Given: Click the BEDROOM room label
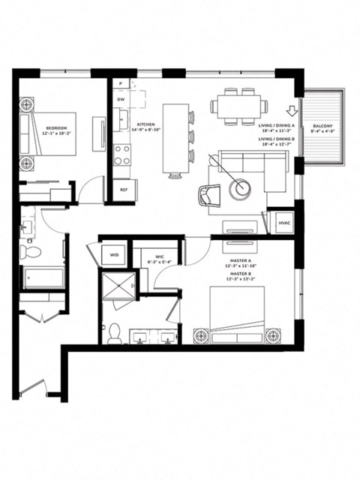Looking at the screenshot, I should point(57,128).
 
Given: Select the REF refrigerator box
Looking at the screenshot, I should point(124,190).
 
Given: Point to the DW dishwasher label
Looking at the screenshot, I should point(120,99).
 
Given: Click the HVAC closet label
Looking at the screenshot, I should point(284,223).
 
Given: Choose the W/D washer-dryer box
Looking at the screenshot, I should point(115,255).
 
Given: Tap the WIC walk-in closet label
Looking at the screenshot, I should point(159,257).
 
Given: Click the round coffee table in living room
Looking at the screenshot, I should point(241,190).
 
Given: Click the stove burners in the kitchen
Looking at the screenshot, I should point(121,154).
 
